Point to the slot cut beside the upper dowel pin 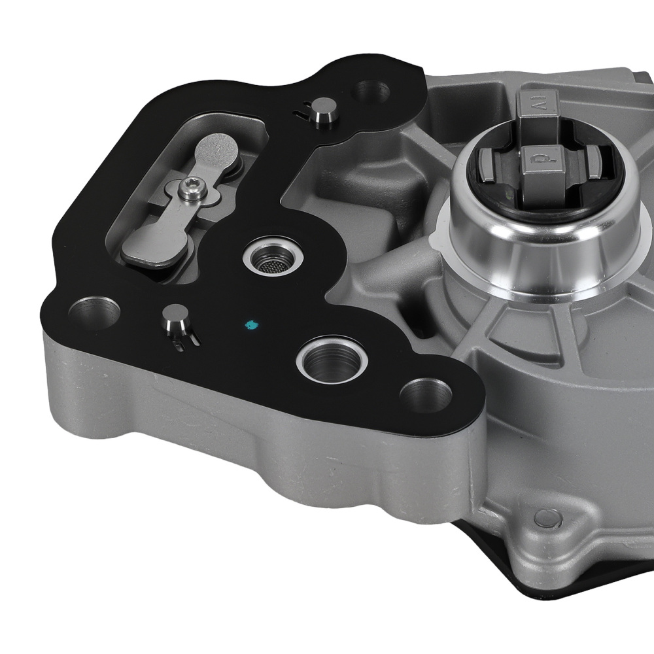tap(302, 111)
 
